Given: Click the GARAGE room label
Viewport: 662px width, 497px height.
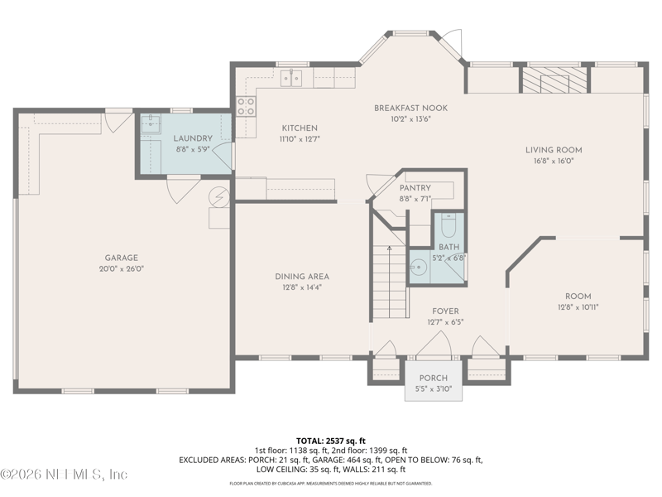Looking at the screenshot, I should tap(121, 258).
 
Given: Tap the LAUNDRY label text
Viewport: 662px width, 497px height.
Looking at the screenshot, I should tap(192, 138).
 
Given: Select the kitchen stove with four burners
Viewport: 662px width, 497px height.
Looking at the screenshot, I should tap(246, 105).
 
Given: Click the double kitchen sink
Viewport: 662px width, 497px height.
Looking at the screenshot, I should tap(290, 77).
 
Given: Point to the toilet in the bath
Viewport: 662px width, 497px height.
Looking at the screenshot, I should tap(449, 225).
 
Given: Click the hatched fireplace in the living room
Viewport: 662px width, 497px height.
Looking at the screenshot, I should tap(554, 80).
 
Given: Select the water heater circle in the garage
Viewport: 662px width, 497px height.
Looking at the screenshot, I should tap(218, 196).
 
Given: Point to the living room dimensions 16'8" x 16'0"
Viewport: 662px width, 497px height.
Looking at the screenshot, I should tap(554, 162).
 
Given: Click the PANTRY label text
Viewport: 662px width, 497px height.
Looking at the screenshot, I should tap(415, 188).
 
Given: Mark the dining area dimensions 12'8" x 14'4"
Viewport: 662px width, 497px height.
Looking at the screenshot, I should tap(302, 287).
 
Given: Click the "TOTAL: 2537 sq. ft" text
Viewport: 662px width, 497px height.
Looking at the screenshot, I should tap(331, 440).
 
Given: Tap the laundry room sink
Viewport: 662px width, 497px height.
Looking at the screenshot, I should tap(151, 125).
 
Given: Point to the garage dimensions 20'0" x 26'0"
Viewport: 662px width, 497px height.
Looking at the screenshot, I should tap(121, 268).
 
